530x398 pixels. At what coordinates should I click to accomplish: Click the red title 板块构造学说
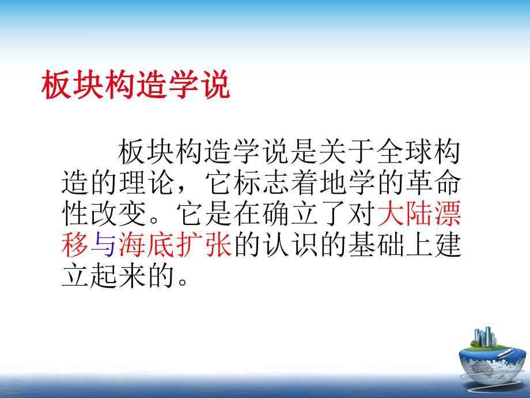point(136,87)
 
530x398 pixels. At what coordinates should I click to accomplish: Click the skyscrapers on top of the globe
point(483,337)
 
